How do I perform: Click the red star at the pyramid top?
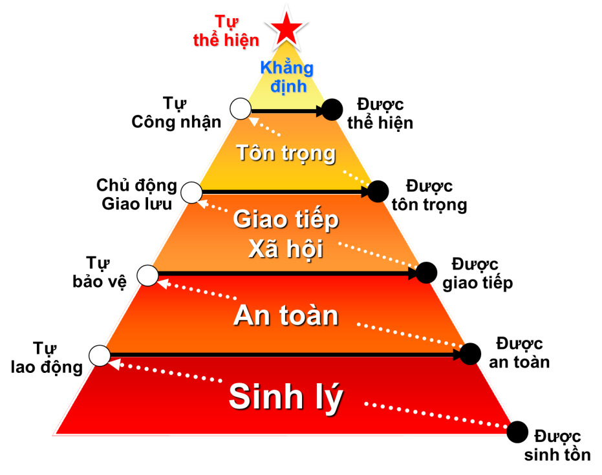coord(285,26)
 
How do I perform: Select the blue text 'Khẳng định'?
coord(287,76)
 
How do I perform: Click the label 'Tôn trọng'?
coord(286,153)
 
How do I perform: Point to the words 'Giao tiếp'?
coord(286,220)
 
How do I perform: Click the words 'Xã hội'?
coord(286,249)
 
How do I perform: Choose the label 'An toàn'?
coord(286,315)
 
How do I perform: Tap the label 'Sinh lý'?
coord(285,397)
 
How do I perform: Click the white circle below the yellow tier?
coord(241,109)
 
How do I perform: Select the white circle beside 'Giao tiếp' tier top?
coord(191,193)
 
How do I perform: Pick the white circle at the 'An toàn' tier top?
coord(147,276)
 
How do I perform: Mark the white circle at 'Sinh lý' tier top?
coord(100,355)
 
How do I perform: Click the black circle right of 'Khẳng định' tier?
coord(331,111)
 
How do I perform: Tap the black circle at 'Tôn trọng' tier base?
coord(377,192)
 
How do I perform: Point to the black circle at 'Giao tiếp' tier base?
coord(424,273)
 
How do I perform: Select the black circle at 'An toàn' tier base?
coord(469,354)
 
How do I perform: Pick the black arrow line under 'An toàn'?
coord(285,355)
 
